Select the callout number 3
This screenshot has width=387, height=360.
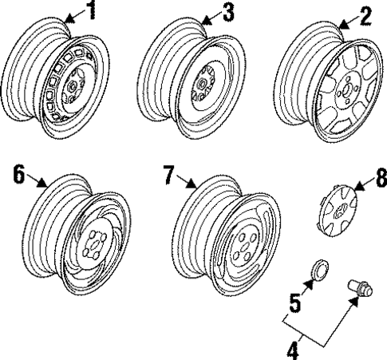tap(229, 12)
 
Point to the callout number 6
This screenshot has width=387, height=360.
tap(18, 174)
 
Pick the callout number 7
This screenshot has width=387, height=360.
tap(169, 175)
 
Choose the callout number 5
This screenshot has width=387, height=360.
tap(295, 303)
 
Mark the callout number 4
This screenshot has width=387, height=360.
tap(293, 350)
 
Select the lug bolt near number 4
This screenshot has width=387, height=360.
tap(360, 287)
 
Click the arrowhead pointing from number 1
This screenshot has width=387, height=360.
tap(69, 18)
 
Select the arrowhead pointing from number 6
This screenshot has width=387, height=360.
tap(42, 183)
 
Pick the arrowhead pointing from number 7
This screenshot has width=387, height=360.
tap(192, 183)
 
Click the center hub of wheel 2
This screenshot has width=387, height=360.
tap(346, 90)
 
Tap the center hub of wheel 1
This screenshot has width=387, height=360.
tap(72, 86)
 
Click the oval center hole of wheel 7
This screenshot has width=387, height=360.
tap(243, 247)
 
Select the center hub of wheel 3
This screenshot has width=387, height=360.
tap(201, 84)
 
